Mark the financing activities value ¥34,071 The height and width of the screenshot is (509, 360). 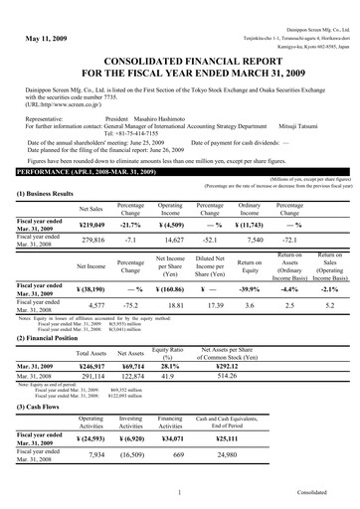point(171,439)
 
